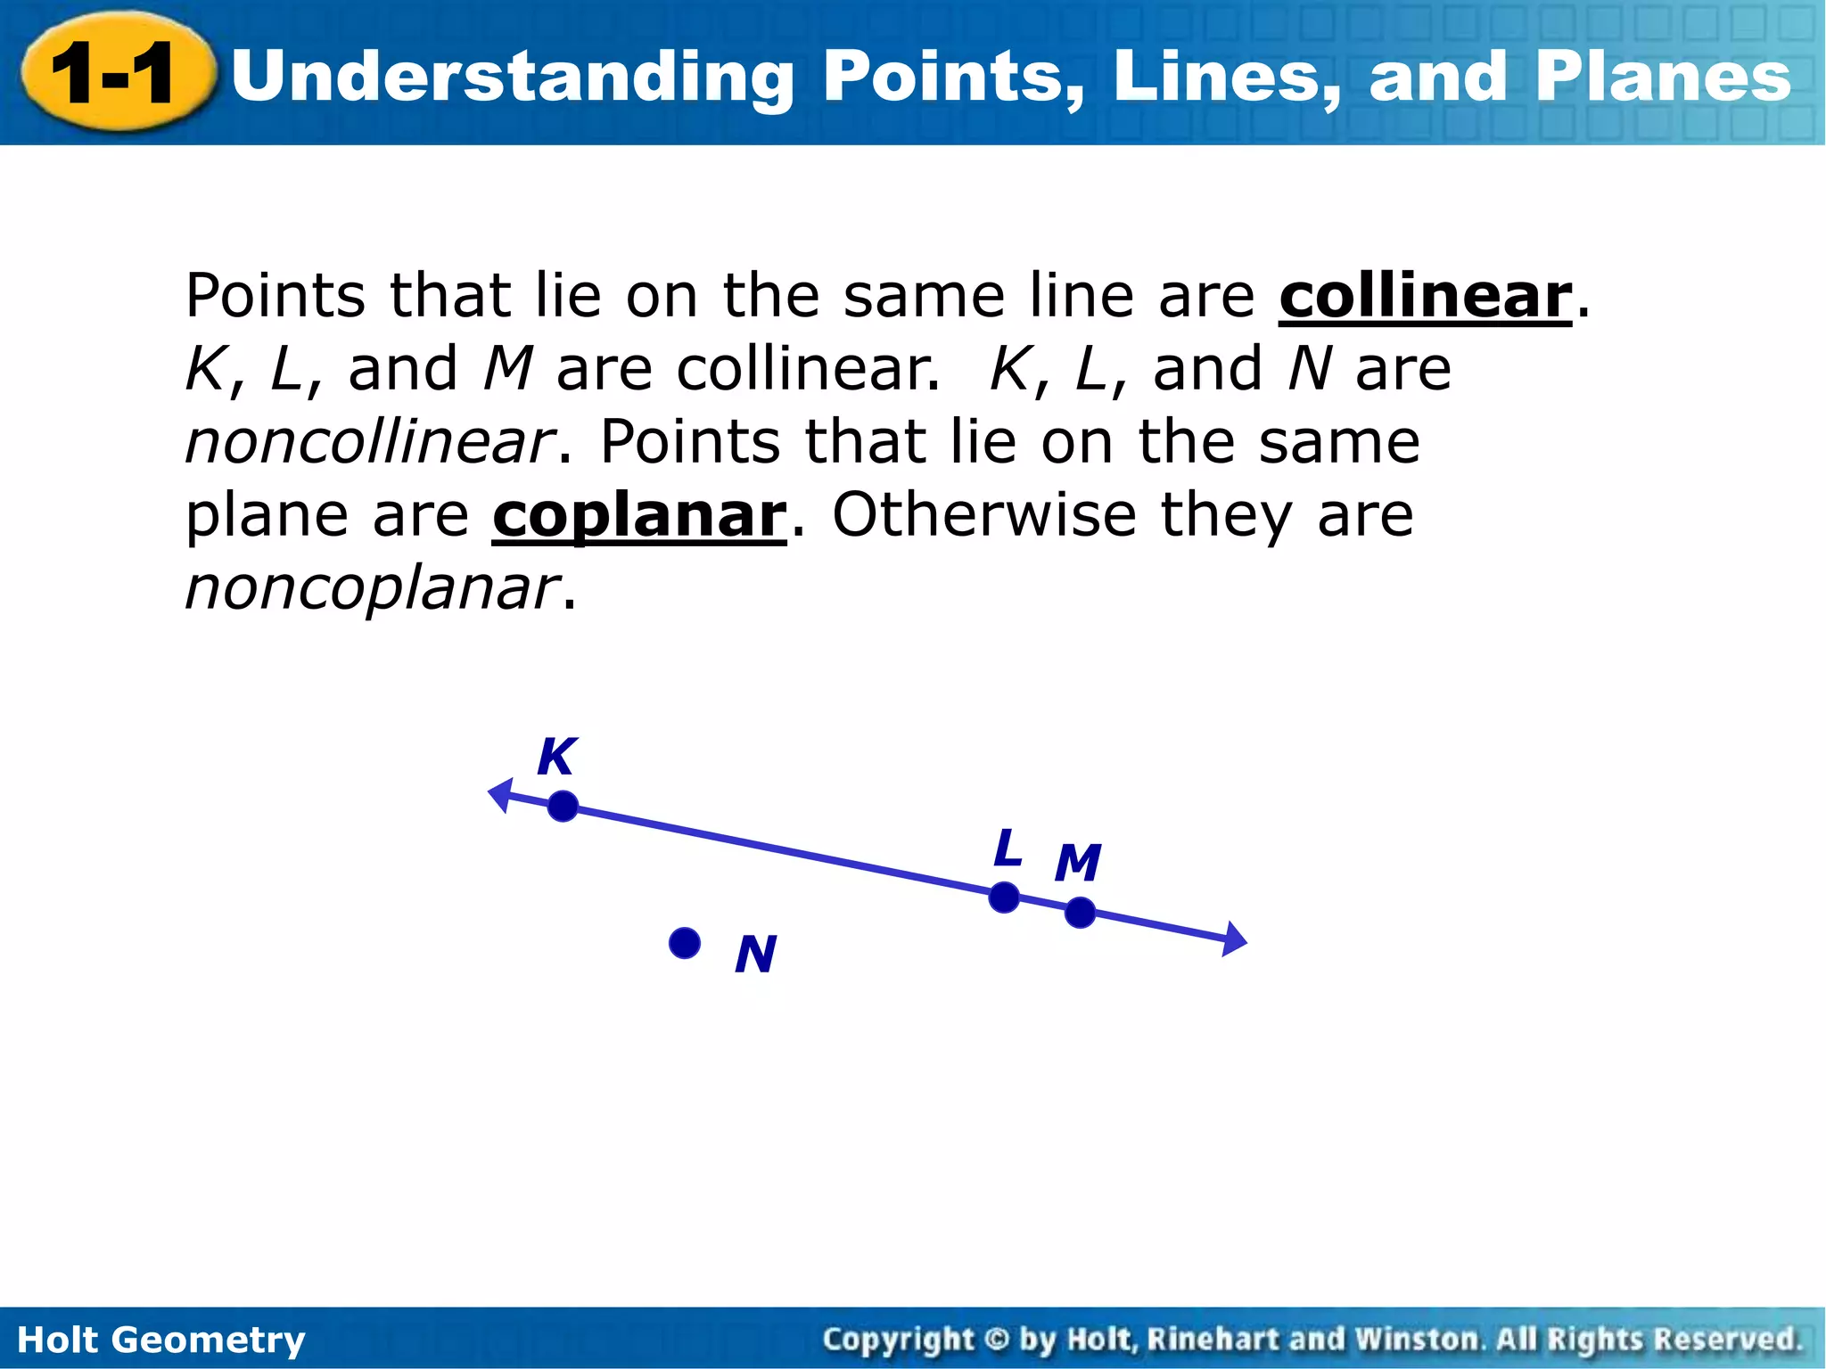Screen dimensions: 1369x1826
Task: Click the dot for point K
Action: coord(563,807)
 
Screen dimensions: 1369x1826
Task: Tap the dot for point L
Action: coord(1004,898)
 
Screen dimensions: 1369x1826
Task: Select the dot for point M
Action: coord(1080,913)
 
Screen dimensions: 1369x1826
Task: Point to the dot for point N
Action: coord(684,943)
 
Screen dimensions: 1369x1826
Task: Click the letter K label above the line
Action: coord(557,758)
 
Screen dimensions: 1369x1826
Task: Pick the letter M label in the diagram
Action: coord(1078,863)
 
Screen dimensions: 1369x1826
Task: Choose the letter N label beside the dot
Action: coord(755,955)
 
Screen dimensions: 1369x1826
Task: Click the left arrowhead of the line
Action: coord(500,794)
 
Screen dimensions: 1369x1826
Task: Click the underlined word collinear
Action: coord(1425,296)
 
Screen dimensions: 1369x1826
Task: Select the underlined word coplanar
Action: coord(639,516)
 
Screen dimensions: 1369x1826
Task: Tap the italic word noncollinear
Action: coord(370,442)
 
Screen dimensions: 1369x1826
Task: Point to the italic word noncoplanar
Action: coord(372,589)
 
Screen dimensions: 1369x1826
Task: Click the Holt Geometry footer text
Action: coord(161,1340)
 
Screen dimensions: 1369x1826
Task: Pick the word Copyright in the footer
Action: coord(899,1340)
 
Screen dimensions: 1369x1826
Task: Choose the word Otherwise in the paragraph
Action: coord(984,516)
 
